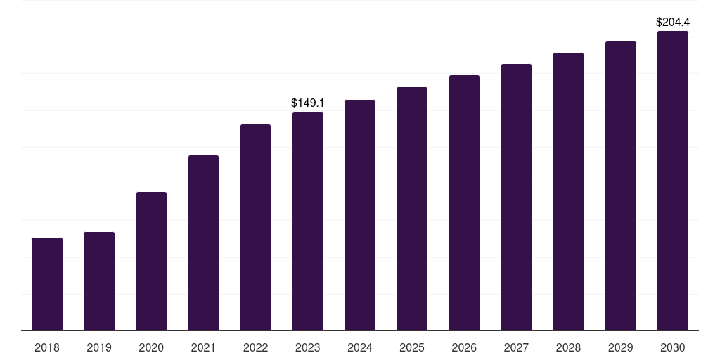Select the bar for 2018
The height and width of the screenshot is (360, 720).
coord(47,284)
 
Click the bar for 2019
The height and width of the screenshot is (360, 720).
coord(99,281)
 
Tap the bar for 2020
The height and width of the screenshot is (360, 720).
coord(151,262)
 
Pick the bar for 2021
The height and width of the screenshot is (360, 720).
coord(203,243)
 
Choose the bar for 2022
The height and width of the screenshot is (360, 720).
coord(255,228)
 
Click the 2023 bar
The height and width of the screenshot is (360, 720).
coord(308,221)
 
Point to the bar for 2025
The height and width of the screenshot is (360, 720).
coord(412,209)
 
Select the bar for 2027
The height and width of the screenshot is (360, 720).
coord(516,198)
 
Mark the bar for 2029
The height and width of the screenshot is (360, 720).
coord(621,186)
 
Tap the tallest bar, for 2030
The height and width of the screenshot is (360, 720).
coord(673,181)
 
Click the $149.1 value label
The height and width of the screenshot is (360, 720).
coord(308,103)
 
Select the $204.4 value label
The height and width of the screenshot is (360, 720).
coord(673,22)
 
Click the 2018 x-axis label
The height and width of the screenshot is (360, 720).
coord(47,347)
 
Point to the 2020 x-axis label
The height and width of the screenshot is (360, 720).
coord(151,347)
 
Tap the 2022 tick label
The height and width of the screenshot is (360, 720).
coord(255,347)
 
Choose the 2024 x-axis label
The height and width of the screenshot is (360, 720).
coord(360,347)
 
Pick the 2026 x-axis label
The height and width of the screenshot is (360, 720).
coord(464,347)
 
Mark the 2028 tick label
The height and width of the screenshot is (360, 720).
coord(568,347)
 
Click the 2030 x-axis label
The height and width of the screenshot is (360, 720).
coord(673,347)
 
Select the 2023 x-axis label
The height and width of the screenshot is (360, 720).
coord(308,347)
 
